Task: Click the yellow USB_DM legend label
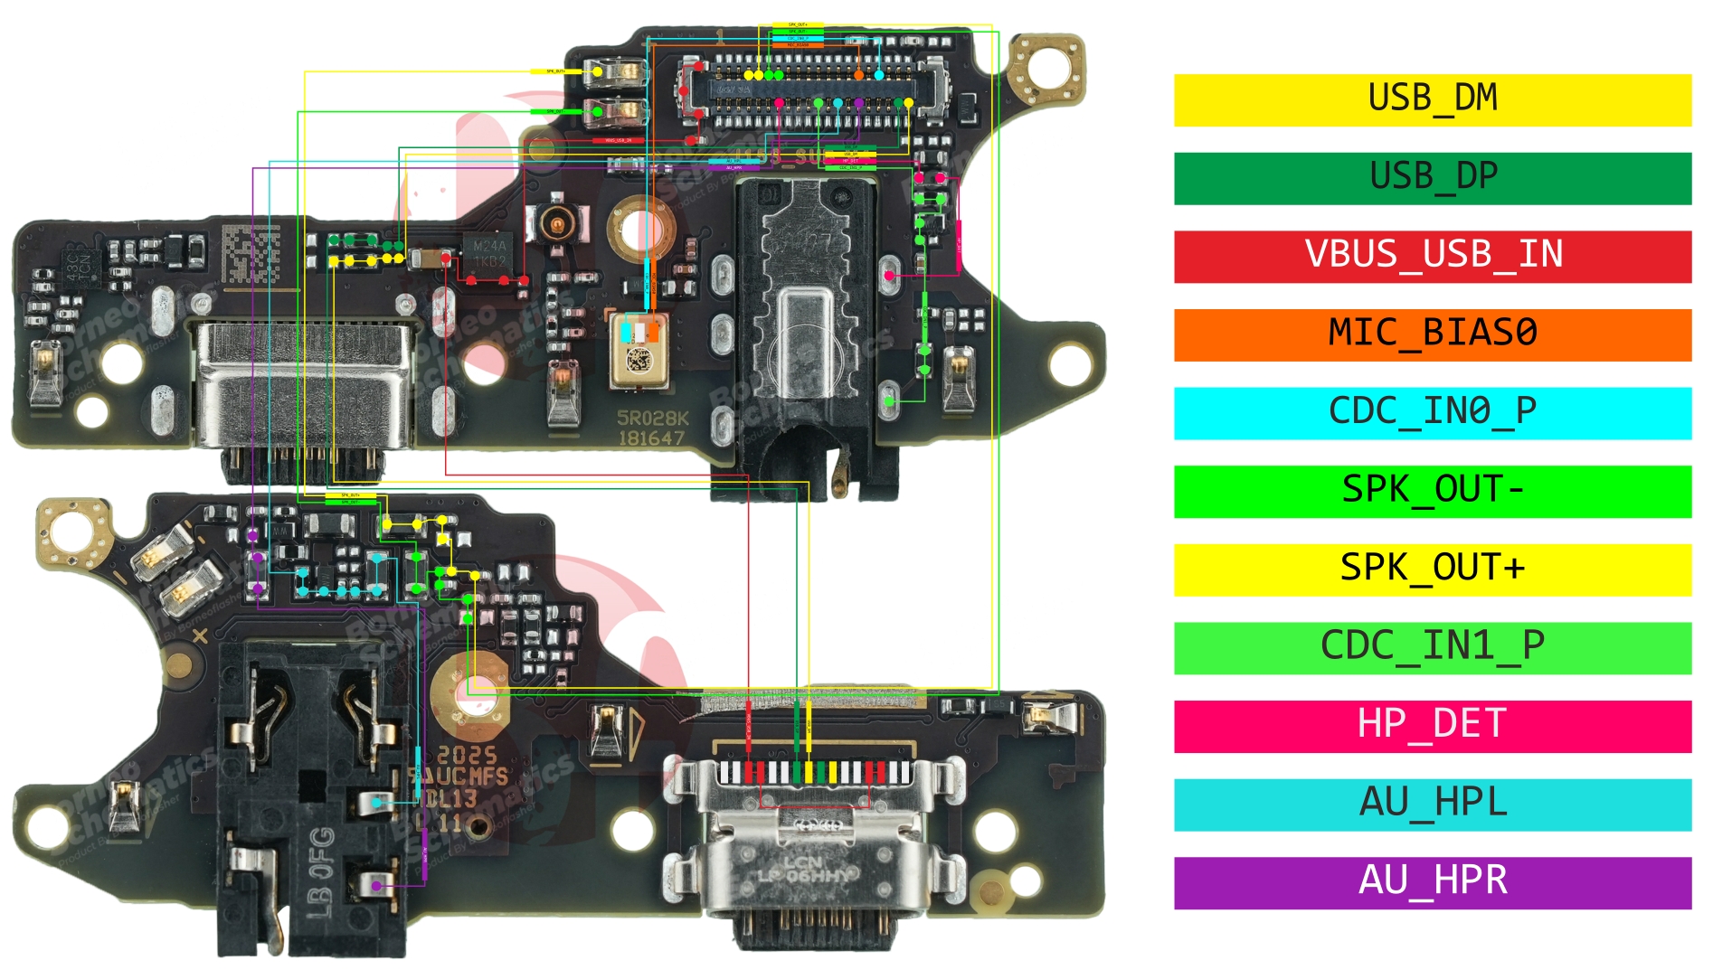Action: [1432, 99]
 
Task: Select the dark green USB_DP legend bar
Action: [1432, 178]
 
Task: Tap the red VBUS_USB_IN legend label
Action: [1432, 256]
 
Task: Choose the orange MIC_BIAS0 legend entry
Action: [1432, 334]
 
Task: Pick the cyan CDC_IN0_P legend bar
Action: [1432, 413]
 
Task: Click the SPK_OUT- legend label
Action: [1432, 491]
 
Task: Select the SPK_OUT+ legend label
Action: [1432, 570]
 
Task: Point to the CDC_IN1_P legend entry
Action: [1432, 647]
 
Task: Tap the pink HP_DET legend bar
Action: [1432, 726]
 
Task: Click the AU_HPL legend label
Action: [1432, 805]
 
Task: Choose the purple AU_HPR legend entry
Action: [1432, 882]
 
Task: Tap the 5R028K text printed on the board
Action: [652, 419]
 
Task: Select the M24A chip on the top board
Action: [489, 253]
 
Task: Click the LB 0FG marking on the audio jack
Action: [321, 872]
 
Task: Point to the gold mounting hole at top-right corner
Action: [1048, 67]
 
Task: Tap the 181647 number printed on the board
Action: [651, 439]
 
